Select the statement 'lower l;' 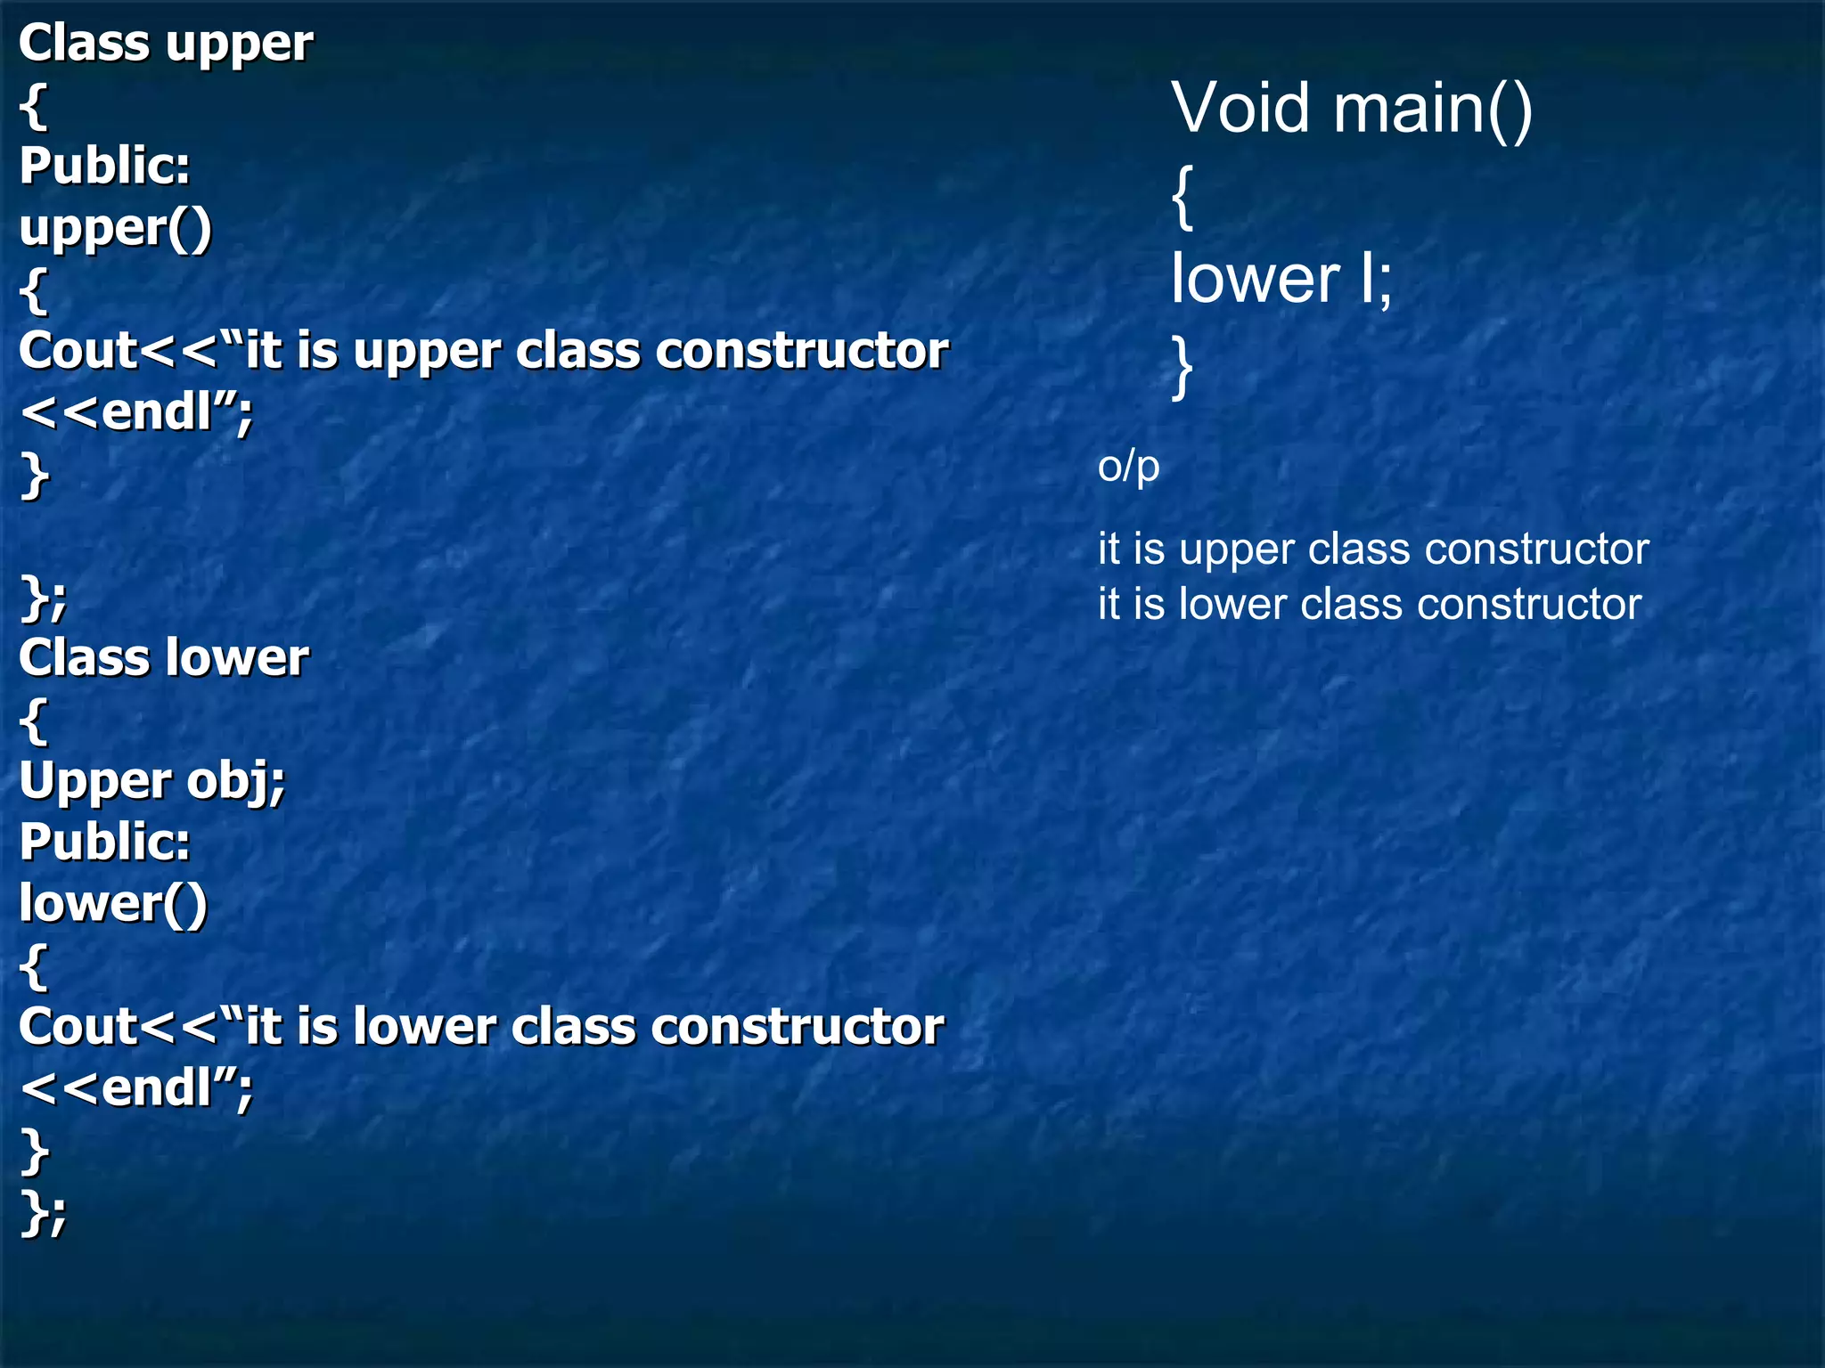pyautogui.click(x=1281, y=279)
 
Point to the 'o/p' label pyautogui.click(x=1128, y=467)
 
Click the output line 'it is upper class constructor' pyautogui.click(x=1372, y=549)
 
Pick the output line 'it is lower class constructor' pyautogui.click(x=1369, y=604)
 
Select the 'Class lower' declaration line pyautogui.click(x=164, y=658)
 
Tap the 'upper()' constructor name pyautogui.click(x=115, y=228)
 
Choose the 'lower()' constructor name pyautogui.click(x=113, y=904)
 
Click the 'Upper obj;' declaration pyautogui.click(x=151, y=781)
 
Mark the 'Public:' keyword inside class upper pyautogui.click(x=104, y=166)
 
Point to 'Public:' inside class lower pyautogui.click(x=104, y=842)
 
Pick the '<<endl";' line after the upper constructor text pyautogui.click(x=135, y=412)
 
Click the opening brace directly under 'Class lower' pyautogui.click(x=33, y=720)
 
